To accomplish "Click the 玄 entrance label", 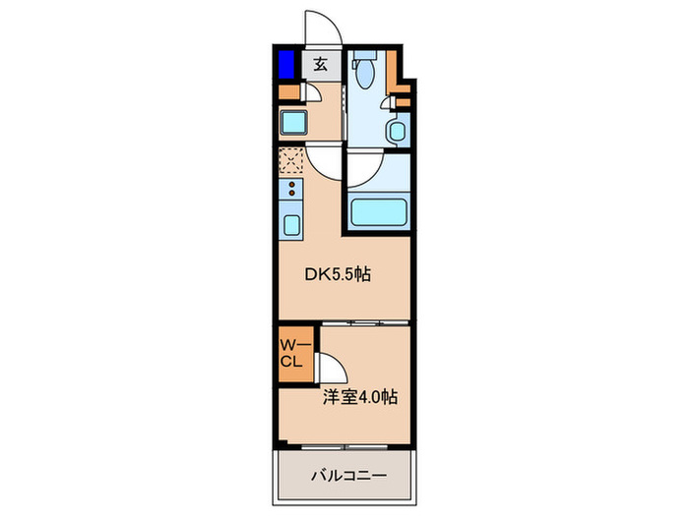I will tap(321, 66).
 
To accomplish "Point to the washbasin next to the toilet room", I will tap(398, 129).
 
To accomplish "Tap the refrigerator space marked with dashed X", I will tap(292, 161).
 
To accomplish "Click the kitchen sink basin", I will tap(292, 222).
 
